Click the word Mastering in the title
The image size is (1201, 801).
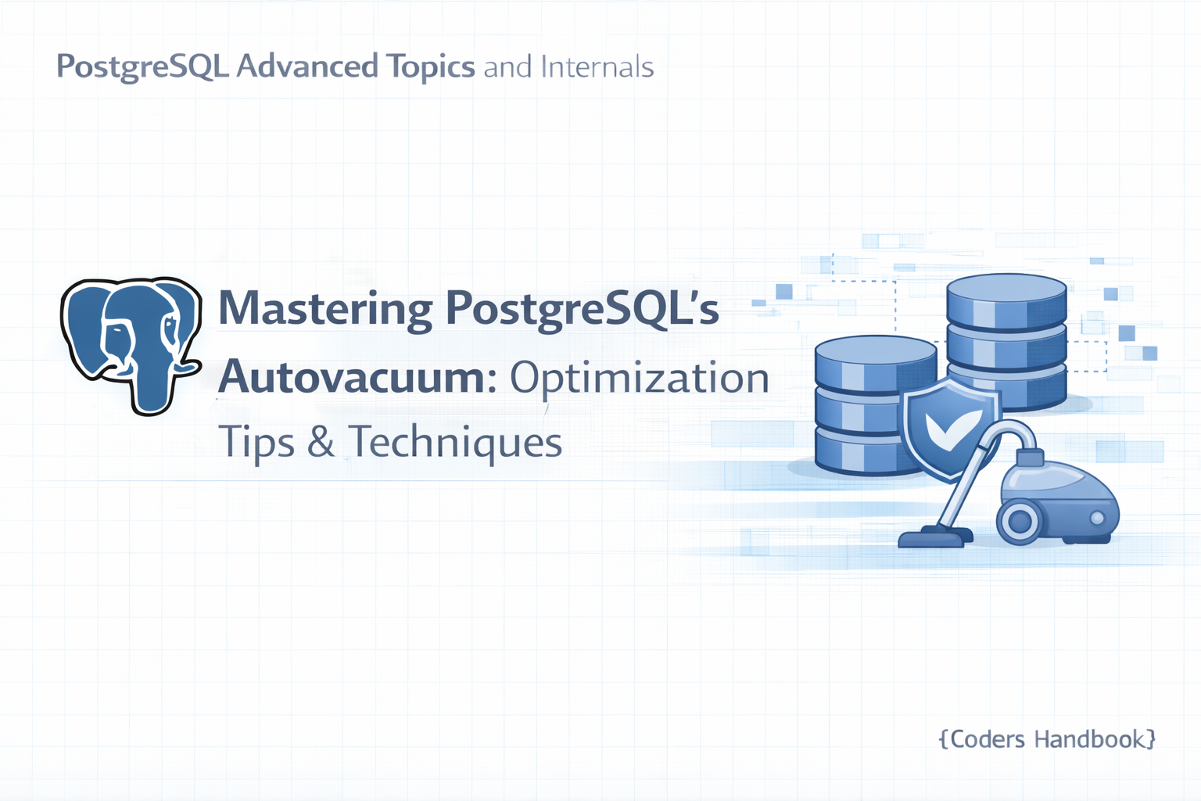point(324,309)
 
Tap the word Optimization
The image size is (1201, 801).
point(639,378)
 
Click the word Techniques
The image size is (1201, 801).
point(455,442)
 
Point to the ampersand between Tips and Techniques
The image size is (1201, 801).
point(321,443)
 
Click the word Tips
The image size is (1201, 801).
point(256,443)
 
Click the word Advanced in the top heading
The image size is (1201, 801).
point(307,67)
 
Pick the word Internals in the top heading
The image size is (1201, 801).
point(597,67)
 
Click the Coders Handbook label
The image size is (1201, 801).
point(1047,739)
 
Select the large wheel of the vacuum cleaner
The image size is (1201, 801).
point(1020,521)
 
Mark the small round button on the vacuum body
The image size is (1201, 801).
point(1097,518)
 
